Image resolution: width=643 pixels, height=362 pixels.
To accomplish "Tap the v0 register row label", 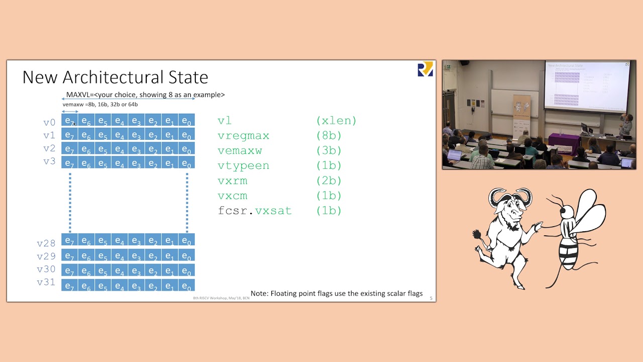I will coord(49,122).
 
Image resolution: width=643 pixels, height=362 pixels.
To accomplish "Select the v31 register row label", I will coord(46,282).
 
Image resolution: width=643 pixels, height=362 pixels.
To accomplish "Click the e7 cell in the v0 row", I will coord(70,121).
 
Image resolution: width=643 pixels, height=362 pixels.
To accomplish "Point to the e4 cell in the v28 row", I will coord(120,240).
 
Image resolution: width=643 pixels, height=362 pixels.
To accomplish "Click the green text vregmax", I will coord(243,136).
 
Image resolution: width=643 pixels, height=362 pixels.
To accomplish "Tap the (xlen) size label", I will coord(336,121).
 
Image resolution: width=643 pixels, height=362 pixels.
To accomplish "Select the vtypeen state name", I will coord(243,165).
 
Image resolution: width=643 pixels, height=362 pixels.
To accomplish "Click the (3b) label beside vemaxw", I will coord(329,150).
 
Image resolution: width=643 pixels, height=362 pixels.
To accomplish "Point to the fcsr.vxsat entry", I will coord(255,211).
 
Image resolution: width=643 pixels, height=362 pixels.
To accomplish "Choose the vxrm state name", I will coord(232,180).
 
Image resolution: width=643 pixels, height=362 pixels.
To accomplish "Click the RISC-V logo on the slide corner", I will coord(425,69).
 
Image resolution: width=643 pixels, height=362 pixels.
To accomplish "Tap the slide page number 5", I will coord(431,298).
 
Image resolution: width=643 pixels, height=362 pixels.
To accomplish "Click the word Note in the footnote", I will coord(259,293).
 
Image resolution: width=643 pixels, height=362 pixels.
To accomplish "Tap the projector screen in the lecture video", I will coord(586,85).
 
